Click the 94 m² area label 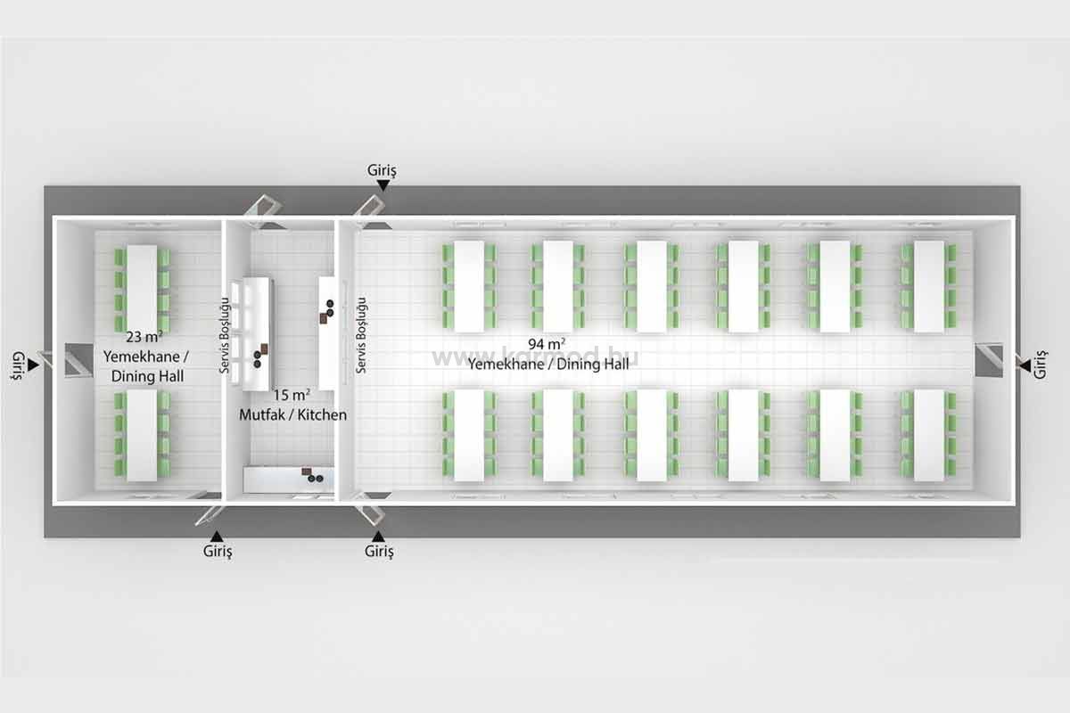click(547, 344)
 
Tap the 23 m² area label click(144, 337)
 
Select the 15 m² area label click(292, 395)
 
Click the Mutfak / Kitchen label click(292, 414)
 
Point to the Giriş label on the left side click(18, 365)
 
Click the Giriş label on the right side click(1041, 365)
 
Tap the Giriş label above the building click(382, 170)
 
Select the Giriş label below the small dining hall click(218, 551)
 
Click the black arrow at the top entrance click(383, 184)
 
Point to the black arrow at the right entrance click(1025, 366)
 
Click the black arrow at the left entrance click(33, 365)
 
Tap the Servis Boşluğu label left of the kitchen click(225, 335)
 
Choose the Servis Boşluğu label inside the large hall click(362, 335)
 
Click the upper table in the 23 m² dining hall click(142, 289)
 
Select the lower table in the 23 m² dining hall click(142, 436)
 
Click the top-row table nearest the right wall click(929, 287)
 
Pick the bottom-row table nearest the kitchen click(469, 435)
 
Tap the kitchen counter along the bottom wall click(289, 479)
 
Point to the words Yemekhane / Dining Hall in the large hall click(548, 365)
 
